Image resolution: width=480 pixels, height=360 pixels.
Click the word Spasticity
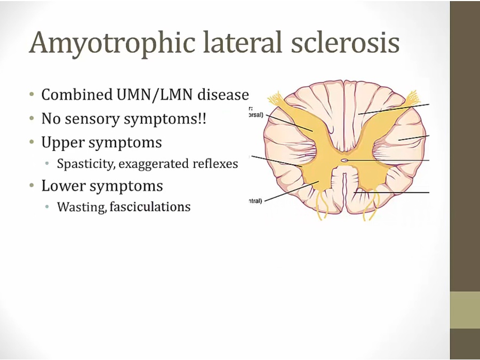[x=86, y=164]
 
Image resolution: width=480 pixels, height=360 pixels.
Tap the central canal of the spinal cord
[x=345, y=159]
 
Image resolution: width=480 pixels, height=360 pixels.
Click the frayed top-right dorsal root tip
[x=413, y=98]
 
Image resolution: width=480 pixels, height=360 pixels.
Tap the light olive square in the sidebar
[x=465, y=310]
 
